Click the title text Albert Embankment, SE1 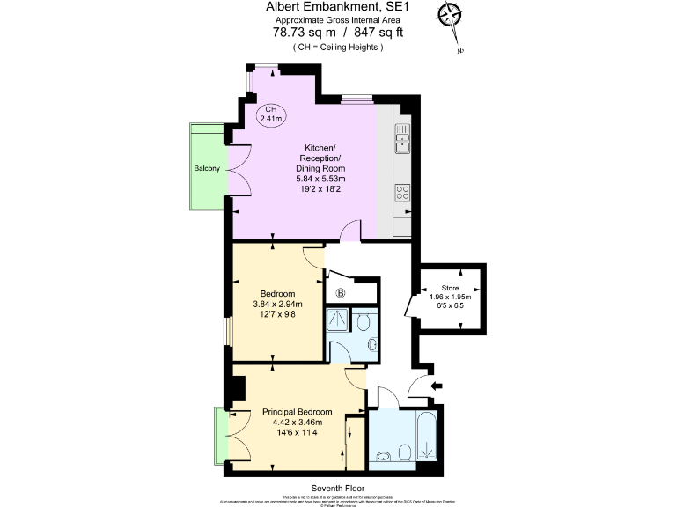pyautogui.click(x=325, y=7)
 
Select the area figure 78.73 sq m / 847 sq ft pyautogui.click(x=325, y=33)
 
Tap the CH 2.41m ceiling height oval pyautogui.click(x=272, y=112)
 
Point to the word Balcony pyautogui.click(x=207, y=167)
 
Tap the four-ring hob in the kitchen pyautogui.click(x=402, y=191)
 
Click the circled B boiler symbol pyautogui.click(x=340, y=293)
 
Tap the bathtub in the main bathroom pyautogui.click(x=429, y=436)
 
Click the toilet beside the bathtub pyautogui.click(x=404, y=452)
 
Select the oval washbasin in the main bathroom pyautogui.click(x=384, y=456)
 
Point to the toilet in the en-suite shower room pyautogui.click(x=370, y=344)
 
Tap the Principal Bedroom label pyautogui.click(x=297, y=412)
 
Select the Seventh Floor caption pyautogui.click(x=337, y=488)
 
